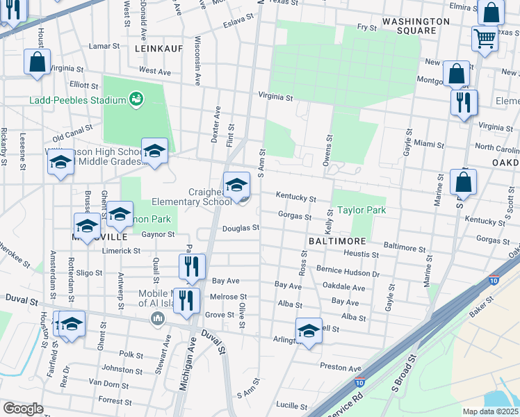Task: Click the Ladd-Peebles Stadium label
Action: point(77,100)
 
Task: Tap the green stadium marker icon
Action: point(138,100)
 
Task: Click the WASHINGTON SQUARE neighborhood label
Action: point(404,26)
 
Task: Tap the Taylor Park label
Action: point(361,210)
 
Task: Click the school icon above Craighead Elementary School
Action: point(237,186)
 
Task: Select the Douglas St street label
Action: point(241,227)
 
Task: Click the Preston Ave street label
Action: point(341,368)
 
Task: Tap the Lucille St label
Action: point(291,404)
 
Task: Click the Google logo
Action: point(23,409)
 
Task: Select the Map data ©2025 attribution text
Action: point(491,411)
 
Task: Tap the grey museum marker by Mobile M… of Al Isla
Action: point(157,318)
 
